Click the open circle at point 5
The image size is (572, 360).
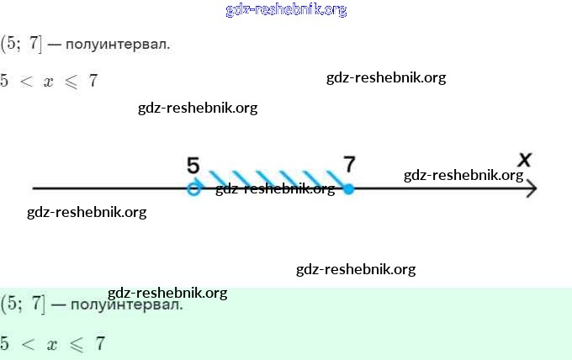193,189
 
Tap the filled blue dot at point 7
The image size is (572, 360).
348,189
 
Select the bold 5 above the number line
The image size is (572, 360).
193,166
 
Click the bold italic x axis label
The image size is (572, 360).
525,159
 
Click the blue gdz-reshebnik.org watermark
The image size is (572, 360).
286,10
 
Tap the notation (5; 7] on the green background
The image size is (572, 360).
22,304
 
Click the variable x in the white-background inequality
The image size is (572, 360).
48,82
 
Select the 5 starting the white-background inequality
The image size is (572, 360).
5,82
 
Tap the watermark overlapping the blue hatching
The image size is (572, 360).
275,188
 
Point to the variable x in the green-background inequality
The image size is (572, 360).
51,344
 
